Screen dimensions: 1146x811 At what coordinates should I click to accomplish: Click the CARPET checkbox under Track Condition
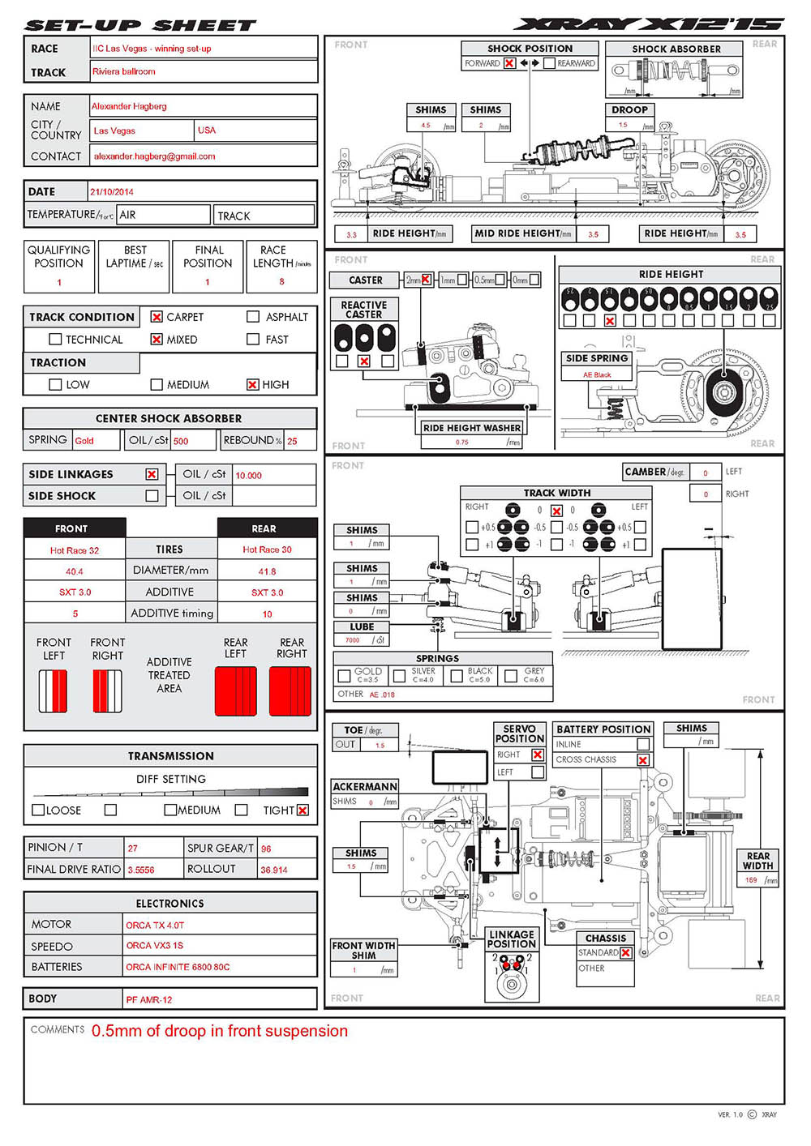coord(157,317)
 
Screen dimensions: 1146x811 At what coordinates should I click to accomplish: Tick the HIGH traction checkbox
coord(253,384)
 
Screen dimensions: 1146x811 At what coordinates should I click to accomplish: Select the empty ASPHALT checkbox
coord(253,317)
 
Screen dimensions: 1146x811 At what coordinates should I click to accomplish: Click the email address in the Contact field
coord(154,156)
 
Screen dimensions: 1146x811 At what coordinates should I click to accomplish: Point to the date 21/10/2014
coord(112,192)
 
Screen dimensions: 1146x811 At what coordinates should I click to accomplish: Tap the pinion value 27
coord(133,849)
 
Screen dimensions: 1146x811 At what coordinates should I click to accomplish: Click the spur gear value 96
coord(266,849)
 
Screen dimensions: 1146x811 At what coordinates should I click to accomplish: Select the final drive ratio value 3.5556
coord(141,870)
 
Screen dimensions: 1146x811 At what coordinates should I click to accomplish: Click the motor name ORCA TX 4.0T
coord(155,925)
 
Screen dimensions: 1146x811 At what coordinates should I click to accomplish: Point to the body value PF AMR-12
coord(149,999)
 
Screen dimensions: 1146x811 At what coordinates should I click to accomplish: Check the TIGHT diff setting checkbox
coord(303,810)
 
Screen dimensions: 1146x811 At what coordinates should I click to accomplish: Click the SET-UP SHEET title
coord(140,25)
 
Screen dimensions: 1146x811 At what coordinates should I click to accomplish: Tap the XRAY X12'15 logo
coord(649,24)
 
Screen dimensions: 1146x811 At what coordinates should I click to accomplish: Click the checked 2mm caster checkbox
coord(427,280)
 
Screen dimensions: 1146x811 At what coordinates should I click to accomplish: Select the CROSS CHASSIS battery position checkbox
coord(642,760)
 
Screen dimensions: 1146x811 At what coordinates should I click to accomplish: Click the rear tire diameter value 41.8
coord(267,571)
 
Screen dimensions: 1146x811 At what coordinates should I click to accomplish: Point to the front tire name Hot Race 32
coord(75,550)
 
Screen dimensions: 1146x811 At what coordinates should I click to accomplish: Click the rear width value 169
coord(751,879)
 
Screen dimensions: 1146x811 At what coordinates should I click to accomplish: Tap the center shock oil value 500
coord(181,441)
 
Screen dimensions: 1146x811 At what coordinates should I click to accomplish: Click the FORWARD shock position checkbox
coord(509,63)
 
